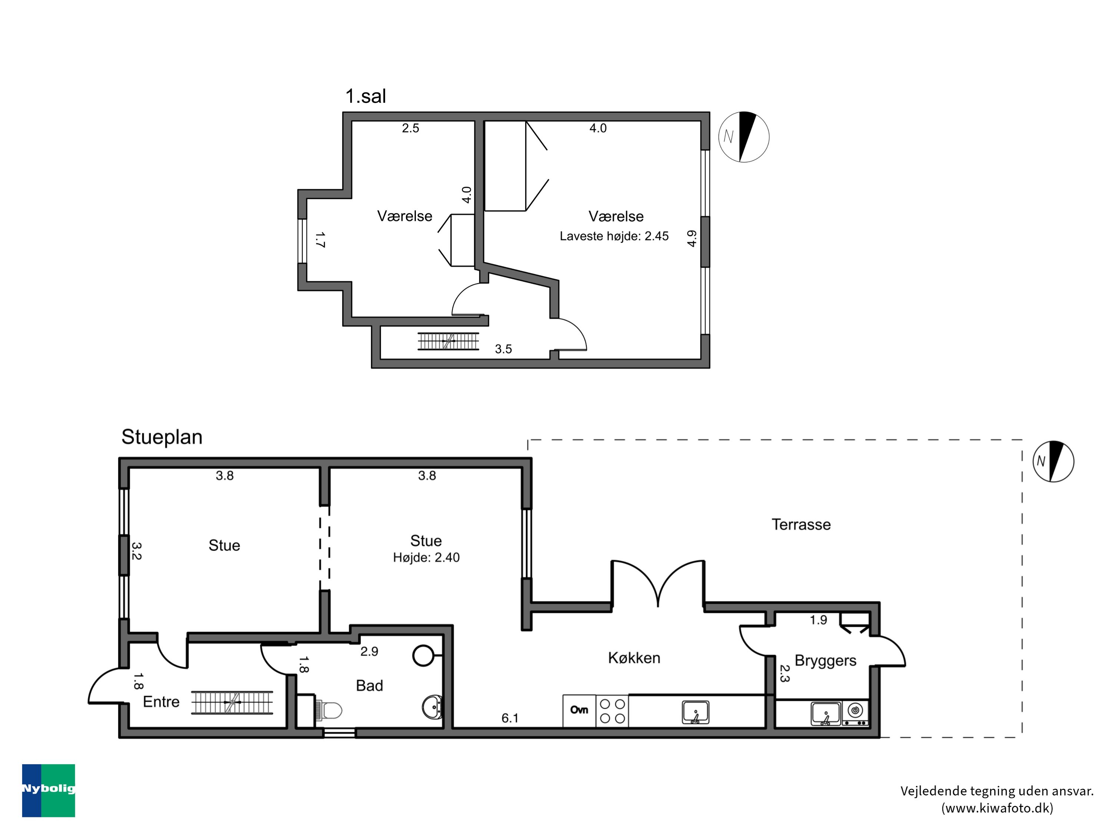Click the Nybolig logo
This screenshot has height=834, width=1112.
click(x=48, y=790)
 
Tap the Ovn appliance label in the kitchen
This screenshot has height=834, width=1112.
click(x=579, y=710)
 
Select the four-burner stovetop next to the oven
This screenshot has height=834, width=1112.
click(x=612, y=711)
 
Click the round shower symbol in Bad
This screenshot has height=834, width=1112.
click(x=424, y=656)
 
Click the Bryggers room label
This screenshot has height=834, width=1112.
click(x=825, y=660)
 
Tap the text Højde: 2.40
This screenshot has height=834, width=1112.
click(x=426, y=557)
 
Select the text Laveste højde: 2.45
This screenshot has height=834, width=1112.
click(x=614, y=236)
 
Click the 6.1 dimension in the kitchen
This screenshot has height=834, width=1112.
click(x=510, y=718)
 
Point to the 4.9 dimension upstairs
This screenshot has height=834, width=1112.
click(x=692, y=238)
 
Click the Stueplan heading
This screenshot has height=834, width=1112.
click(x=162, y=437)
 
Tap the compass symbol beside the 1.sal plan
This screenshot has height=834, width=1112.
click(x=744, y=137)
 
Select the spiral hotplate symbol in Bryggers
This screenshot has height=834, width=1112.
click(x=855, y=710)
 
